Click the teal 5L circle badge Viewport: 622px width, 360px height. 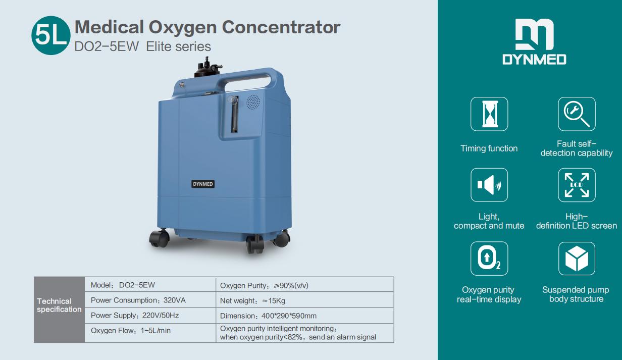[x=51, y=35]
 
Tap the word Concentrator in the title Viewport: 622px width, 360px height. [x=281, y=27]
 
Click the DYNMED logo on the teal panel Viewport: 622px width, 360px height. [x=534, y=42]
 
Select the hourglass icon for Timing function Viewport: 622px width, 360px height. [x=489, y=114]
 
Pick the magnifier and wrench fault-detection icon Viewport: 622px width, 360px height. [x=577, y=114]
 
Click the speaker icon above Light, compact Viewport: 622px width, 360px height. [x=489, y=185]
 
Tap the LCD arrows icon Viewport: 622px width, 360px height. [x=577, y=185]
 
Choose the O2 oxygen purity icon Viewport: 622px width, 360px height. [x=489, y=259]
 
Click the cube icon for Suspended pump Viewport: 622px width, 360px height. [x=577, y=259]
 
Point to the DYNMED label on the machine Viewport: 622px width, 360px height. [x=203, y=184]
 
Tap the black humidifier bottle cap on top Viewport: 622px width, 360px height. [x=208, y=68]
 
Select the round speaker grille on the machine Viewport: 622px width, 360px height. [x=253, y=102]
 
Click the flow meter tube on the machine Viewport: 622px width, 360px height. [x=234, y=115]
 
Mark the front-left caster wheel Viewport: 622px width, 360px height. [x=160, y=238]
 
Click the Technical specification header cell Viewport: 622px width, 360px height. [x=59, y=310]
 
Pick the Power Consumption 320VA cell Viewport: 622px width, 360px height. [x=150, y=300]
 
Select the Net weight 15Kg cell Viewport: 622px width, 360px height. [x=305, y=300]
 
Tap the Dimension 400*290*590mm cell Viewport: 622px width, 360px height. [x=305, y=316]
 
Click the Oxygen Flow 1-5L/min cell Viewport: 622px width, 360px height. [x=150, y=333]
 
